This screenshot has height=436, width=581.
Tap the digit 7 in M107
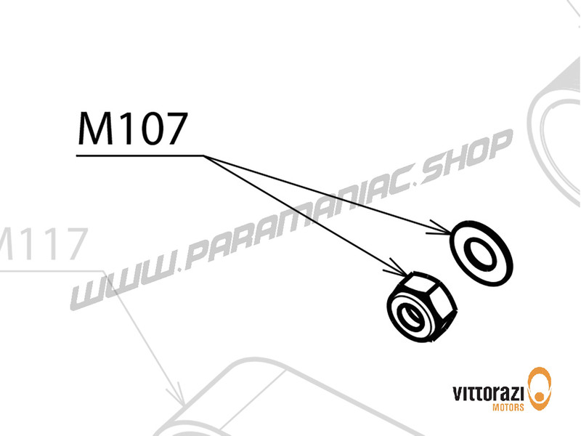click(x=174, y=131)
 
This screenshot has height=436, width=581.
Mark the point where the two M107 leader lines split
click(x=205, y=156)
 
